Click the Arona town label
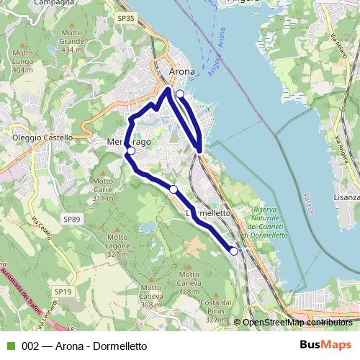point(181,71)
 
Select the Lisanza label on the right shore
point(346,197)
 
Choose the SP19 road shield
point(63,291)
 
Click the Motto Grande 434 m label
point(71,42)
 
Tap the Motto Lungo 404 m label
point(22,62)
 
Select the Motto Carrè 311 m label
point(104,189)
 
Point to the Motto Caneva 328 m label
point(189,283)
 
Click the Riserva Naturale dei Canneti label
point(266,222)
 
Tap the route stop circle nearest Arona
point(179,94)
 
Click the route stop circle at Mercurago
point(130,151)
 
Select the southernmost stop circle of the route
point(233,251)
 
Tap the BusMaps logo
point(325,346)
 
